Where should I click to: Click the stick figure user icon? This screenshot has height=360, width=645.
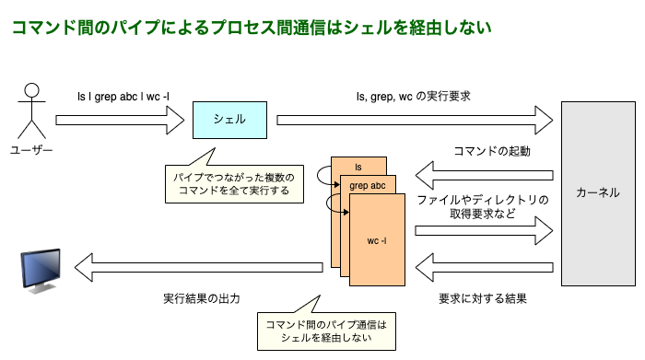(x=32, y=111)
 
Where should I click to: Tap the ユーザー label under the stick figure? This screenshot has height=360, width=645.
(x=31, y=150)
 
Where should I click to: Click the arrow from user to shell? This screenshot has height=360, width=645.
(x=120, y=119)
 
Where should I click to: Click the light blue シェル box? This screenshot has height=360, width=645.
(x=229, y=120)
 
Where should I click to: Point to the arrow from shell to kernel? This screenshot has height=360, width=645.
(x=415, y=119)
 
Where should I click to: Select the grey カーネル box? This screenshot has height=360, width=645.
(x=598, y=193)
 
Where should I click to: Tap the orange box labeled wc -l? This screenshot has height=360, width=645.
(x=378, y=240)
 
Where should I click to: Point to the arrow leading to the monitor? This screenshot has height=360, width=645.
(x=198, y=268)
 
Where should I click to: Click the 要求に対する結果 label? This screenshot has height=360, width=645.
(x=483, y=299)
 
